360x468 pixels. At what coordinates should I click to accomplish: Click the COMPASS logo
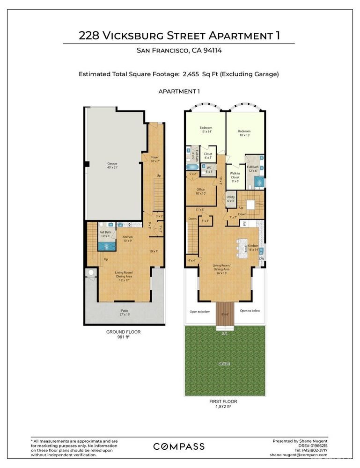tap(179, 446)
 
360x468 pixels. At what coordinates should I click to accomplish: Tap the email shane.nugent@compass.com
tap(299, 454)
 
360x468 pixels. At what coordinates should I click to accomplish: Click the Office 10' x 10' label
tap(201, 191)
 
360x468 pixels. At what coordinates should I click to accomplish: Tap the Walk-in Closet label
tap(235, 176)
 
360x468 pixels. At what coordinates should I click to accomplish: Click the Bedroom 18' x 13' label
tap(244, 133)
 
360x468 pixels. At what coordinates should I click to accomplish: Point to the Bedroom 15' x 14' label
tap(206, 130)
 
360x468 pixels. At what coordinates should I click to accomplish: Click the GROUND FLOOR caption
tap(124, 332)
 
